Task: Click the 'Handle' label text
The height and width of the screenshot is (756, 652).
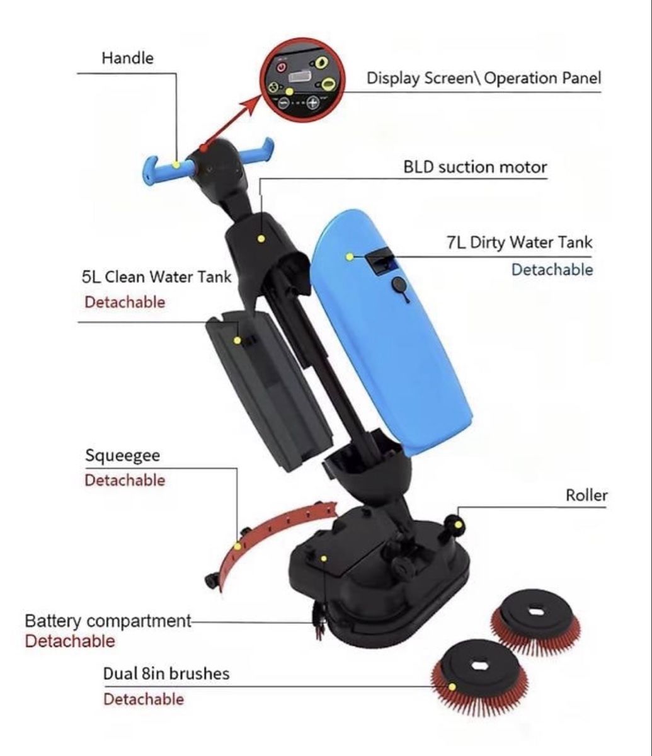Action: click(x=128, y=58)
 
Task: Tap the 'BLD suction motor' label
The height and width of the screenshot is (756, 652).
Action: click(x=475, y=167)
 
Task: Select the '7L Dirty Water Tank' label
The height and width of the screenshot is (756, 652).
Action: click(x=519, y=242)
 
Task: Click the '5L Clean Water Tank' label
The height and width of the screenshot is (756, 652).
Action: click(x=156, y=277)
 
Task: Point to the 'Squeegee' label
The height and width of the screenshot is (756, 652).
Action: click(x=122, y=456)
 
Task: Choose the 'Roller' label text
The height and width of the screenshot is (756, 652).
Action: click(x=586, y=495)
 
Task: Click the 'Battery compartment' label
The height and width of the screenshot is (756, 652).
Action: click(x=108, y=621)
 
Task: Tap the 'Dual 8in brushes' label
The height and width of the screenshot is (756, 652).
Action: click(x=166, y=673)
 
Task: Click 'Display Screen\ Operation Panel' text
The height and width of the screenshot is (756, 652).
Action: click(x=484, y=78)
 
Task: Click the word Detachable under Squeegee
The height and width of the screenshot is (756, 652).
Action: click(x=125, y=480)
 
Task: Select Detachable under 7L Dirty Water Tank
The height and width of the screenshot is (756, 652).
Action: click(x=552, y=270)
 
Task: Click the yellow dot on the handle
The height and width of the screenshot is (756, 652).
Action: click(x=176, y=164)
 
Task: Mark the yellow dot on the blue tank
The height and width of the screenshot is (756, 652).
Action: click(x=350, y=257)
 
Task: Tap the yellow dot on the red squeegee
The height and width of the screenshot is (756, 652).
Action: click(x=237, y=546)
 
